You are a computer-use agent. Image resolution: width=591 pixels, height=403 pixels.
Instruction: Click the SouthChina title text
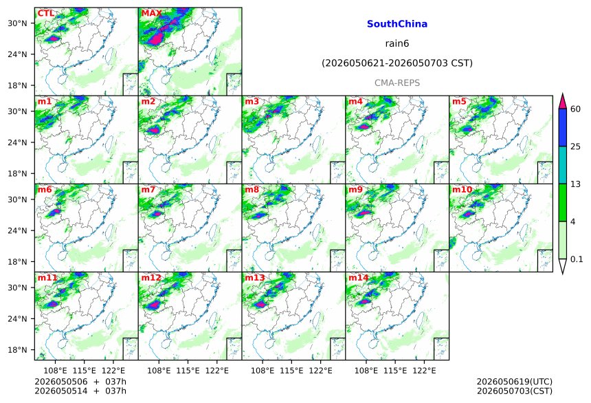point(397,24)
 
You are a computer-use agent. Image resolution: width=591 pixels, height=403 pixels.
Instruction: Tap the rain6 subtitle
point(397,43)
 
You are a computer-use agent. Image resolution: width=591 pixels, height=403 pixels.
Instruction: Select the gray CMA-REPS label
point(397,83)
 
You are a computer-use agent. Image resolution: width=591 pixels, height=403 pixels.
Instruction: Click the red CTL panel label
point(45,14)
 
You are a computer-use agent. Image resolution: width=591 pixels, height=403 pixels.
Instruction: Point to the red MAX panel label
point(151,14)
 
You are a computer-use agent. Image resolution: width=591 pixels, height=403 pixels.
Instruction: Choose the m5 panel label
point(459,102)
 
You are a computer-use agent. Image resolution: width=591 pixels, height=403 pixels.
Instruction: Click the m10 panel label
point(462,190)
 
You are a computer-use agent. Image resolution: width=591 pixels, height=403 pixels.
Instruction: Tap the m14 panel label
point(358,278)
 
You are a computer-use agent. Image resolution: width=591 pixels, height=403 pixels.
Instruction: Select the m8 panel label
point(252,190)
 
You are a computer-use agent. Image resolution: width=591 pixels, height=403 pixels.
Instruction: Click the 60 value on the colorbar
point(576,109)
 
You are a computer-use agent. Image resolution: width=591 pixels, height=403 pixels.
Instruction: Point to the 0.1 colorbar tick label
point(577,259)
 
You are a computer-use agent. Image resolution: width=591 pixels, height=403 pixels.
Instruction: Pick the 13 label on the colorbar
point(576,184)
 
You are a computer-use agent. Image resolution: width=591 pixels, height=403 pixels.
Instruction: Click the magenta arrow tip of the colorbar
point(563,94)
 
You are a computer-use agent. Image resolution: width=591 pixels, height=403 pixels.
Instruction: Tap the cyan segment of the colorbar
point(563,165)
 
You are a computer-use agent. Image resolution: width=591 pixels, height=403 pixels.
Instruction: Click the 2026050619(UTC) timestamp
point(515,382)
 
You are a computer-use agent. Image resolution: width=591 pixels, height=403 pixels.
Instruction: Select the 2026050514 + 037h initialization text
point(80,391)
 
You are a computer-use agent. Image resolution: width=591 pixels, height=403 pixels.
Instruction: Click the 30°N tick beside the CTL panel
point(18,23)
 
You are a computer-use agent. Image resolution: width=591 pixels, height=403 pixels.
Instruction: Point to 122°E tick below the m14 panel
point(424,371)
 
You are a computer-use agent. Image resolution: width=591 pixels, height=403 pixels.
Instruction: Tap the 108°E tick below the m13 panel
point(263,371)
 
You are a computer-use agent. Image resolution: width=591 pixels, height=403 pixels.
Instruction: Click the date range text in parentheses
point(397,63)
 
